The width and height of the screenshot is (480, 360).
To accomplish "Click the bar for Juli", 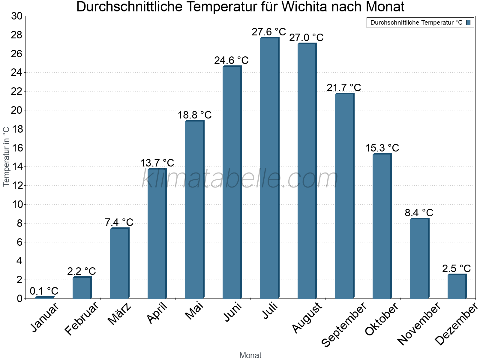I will click(x=269, y=168).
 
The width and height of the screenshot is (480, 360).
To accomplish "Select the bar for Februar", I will click(x=82, y=288).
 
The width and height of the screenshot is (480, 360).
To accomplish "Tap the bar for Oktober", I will click(x=382, y=226).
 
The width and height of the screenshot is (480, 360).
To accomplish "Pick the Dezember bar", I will click(x=457, y=286).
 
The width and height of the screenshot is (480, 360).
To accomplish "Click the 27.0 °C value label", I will click(x=306, y=38).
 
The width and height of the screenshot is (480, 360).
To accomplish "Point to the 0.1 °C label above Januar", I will click(x=44, y=291).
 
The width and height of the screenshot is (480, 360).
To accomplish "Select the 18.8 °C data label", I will click(x=194, y=115).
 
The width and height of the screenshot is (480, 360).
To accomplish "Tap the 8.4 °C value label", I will click(x=419, y=213).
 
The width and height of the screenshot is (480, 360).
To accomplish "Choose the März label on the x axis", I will click(x=119, y=314).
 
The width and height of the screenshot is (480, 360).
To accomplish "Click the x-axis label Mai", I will click(x=194, y=311).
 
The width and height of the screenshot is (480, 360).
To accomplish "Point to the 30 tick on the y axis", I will click(x=17, y=16).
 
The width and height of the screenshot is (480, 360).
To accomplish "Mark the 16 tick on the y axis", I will click(x=17, y=148).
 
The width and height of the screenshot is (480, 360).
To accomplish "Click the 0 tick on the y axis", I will click(x=19, y=298).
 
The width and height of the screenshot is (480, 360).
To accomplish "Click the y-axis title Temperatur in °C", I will click(x=6, y=156).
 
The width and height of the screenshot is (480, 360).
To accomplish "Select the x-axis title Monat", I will click(x=250, y=355).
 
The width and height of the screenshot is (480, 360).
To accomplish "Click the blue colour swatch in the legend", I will click(x=468, y=22).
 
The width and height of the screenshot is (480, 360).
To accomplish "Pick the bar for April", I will click(x=157, y=234).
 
